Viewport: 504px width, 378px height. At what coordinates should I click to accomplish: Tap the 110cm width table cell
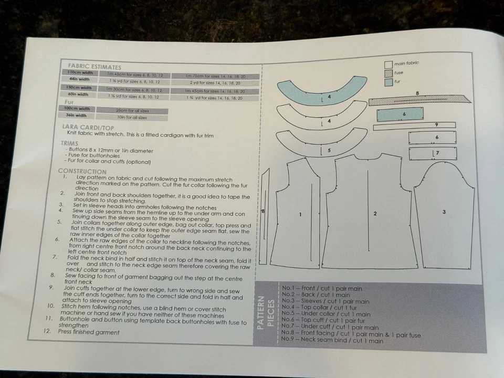(81, 73)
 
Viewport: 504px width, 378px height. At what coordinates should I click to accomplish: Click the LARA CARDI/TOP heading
(87, 127)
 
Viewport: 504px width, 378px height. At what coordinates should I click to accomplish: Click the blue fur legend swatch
(388, 82)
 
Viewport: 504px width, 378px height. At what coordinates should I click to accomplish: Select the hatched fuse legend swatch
(388, 73)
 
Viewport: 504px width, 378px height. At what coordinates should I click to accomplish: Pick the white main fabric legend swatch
(388, 64)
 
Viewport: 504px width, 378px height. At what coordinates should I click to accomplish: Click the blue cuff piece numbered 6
(400, 114)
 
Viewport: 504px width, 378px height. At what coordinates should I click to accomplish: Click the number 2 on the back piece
(375, 214)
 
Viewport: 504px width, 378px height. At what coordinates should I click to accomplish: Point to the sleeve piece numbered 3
(444, 212)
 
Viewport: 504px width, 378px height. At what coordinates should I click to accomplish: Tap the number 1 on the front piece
(300, 214)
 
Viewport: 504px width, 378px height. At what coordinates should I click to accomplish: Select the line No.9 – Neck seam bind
(332, 341)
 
